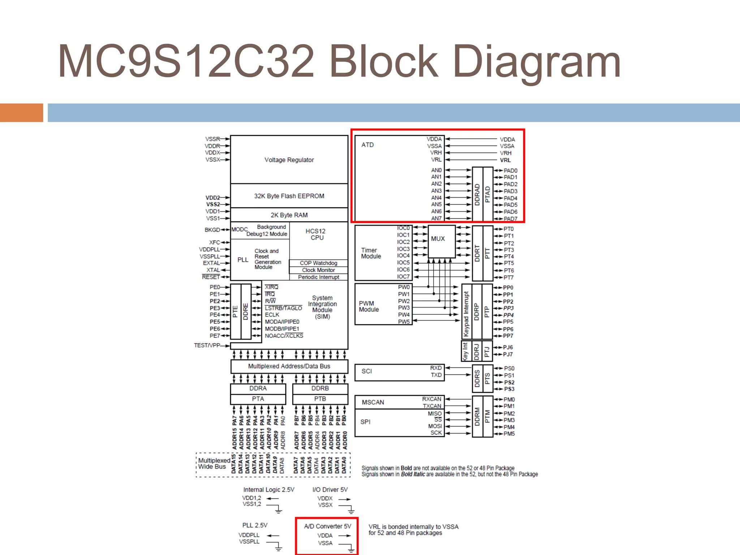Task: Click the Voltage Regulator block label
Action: coord(289,160)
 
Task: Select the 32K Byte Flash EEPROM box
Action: coord(289,196)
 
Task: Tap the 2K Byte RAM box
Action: coord(289,215)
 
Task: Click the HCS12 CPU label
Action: coord(316,234)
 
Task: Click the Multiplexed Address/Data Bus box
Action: coord(289,366)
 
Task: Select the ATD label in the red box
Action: coord(367,145)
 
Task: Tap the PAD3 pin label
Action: coord(511,191)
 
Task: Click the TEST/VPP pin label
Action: coord(207,345)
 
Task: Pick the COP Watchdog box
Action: coord(318,263)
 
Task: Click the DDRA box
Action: coord(258,388)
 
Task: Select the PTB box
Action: coord(320,399)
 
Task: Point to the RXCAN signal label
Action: coord(431,399)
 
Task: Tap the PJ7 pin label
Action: coord(508,354)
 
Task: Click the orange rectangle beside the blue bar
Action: coord(21,113)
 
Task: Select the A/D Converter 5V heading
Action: coord(327,526)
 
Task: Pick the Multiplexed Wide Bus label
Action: coord(214,464)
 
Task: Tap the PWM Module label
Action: coord(369,306)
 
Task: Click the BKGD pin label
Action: coord(212,230)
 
